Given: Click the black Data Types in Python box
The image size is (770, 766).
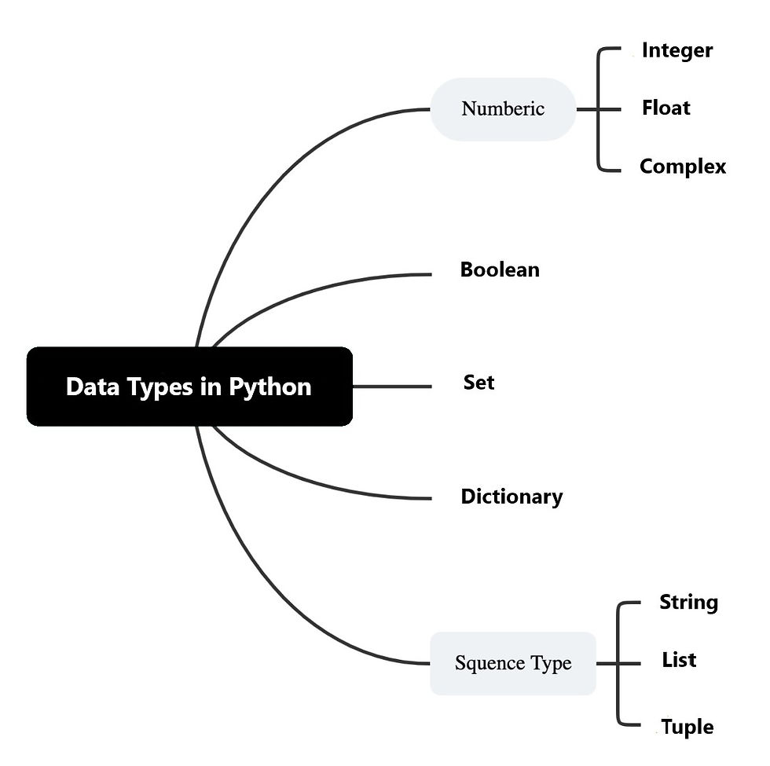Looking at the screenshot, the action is [x=189, y=387].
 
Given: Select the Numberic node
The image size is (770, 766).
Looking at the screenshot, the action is [x=503, y=109].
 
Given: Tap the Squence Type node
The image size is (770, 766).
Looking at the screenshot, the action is [x=513, y=663].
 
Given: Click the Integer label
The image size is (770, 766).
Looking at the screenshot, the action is [x=677, y=50].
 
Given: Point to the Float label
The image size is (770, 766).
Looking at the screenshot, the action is [x=666, y=108].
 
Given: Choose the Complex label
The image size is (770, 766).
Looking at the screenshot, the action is [x=683, y=167].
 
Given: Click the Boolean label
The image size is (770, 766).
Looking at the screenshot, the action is [x=500, y=269].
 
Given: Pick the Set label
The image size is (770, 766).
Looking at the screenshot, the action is [x=478, y=382].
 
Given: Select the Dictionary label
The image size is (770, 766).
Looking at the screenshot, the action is [x=511, y=497].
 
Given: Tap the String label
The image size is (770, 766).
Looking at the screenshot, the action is [x=688, y=603].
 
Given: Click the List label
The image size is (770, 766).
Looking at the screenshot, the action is [x=679, y=660].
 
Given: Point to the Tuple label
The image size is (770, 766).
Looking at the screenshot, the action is [x=687, y=728].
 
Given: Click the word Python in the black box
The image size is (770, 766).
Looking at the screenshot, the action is [x=270, y=387].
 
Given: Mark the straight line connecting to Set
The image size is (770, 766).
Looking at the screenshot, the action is [x=392, y=387].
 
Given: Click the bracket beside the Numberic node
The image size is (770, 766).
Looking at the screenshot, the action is [x=598, y=109].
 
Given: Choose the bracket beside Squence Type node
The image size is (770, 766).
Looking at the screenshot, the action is [x=618, y=663].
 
